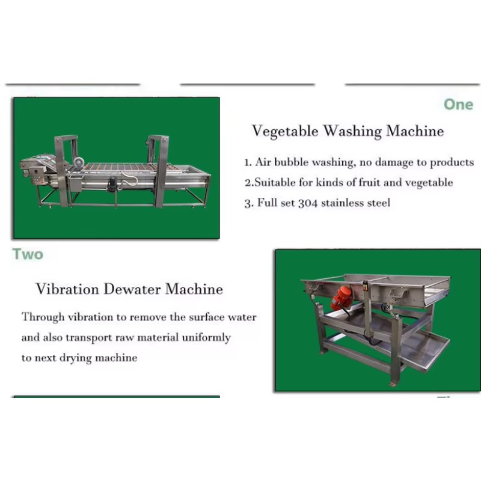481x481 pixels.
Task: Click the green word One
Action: (459, 105)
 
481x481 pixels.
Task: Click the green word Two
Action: (28, 254)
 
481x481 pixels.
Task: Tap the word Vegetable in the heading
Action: (285, 131)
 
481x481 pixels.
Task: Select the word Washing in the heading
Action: (352, 131)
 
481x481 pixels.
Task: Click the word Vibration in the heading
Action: (67, 289)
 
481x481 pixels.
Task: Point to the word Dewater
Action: (132, 289)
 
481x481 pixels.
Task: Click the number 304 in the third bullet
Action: (308, 203)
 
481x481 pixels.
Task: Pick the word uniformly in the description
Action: (206, 338)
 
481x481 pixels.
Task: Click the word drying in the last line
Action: (76, 358)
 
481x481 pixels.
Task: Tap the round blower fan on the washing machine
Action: (79, 162)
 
